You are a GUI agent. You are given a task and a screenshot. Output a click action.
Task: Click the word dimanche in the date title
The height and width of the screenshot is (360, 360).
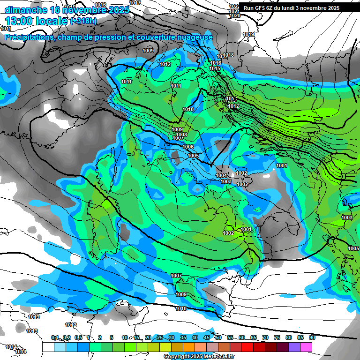click(x=25, y=10)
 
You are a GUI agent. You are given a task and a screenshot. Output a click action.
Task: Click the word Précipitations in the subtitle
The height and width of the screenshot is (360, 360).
click(x=28, y=37)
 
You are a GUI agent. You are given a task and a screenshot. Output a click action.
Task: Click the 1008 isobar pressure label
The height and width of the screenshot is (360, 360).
click(x=181, y=135)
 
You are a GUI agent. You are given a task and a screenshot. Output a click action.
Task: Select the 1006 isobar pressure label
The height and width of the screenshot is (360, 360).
click(x=188, y=147)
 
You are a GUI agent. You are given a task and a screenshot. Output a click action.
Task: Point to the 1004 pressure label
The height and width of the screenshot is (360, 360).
click(x=222, y=175)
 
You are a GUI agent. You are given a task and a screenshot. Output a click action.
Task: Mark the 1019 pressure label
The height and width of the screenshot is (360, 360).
click(x=248, y=34)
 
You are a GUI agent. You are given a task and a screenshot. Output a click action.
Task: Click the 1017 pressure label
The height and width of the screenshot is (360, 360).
click(x=135, y=3)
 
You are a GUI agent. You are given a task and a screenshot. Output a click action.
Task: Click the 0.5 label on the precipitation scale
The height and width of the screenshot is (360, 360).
click(x=78, y=337)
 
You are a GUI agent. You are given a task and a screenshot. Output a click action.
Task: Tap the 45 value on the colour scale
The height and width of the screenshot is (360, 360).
click(x=207, y=337)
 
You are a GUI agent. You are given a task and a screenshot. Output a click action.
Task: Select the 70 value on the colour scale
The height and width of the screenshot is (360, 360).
click(x=265, y=337)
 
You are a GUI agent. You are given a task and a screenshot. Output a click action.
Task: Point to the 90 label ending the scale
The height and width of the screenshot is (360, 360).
click(x=312, y=337)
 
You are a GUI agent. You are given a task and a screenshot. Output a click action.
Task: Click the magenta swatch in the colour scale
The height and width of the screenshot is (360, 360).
click(x=306, y=347)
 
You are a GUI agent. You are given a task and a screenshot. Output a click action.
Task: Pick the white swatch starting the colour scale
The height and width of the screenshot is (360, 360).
click(x=48, y=347)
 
